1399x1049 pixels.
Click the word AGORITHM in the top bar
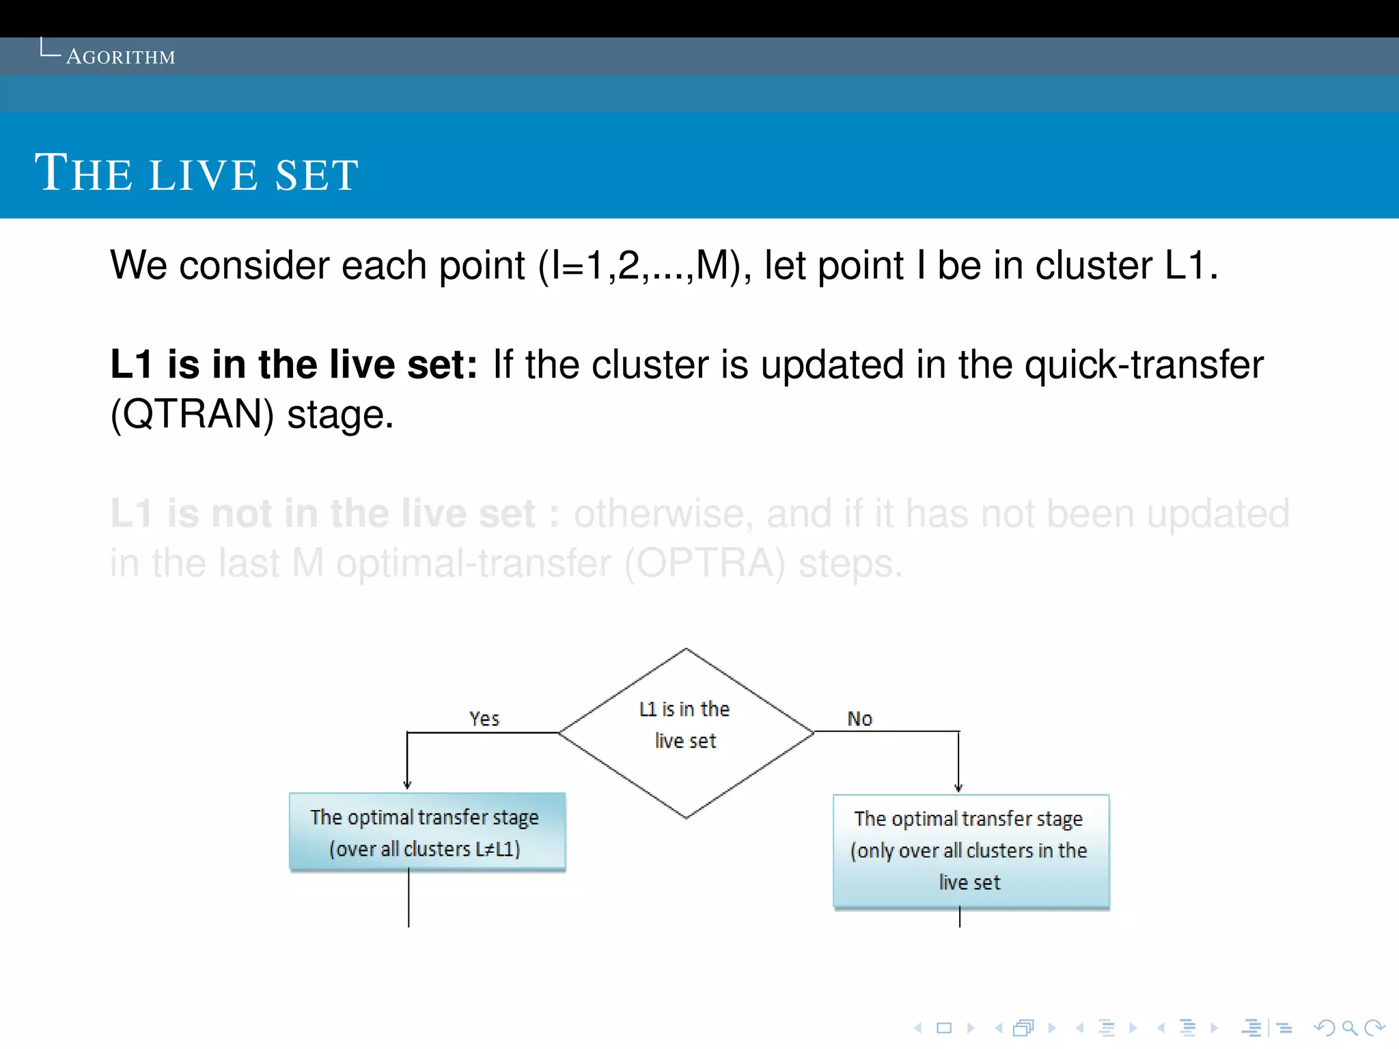pos(121,57)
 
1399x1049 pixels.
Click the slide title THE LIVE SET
pos(197,173)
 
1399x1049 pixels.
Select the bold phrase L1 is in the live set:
pos(294,364)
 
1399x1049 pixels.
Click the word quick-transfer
pos(1144,364)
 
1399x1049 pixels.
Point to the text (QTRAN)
pos(192,415)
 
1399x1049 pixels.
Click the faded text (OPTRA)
pos(704,564)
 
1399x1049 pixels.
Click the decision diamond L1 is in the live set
pos(686,732)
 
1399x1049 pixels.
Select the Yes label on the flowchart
pos(484,718)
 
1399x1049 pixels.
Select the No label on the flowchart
pos(859,718)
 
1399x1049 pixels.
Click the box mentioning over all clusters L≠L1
pos(427,832)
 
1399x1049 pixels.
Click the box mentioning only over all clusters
pos(971,851)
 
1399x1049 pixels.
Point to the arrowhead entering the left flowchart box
pos(407,785)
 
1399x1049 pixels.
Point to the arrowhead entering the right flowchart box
pos(958,787)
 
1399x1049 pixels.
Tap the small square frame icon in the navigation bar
pos(944,1028)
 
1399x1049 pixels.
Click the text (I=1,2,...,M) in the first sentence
pos(639,266)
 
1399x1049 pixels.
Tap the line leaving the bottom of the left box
pos(408,899)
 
